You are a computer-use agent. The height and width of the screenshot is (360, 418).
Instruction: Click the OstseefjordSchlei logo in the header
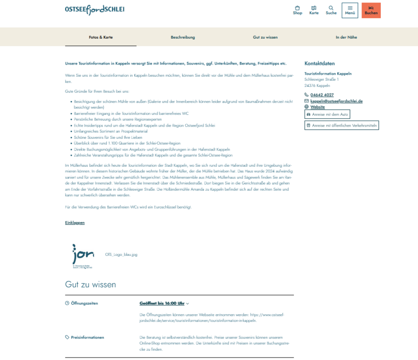tap(95, 9)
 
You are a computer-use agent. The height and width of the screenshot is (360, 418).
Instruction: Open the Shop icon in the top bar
tap(297, 10)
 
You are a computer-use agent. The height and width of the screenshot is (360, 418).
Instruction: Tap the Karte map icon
tap(314, 10)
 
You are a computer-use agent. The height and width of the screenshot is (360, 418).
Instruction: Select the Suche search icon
tap(331, 10)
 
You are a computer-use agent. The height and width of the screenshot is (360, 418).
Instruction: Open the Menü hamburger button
tap(350, 10)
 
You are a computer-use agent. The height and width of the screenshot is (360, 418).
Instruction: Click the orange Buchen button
tap(371, 10)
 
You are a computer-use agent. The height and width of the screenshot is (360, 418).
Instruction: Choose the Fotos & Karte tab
tap(101, 37)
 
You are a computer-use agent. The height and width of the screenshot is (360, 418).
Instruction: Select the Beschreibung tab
tap(183, 37)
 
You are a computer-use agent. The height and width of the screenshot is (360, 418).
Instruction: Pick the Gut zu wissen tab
tap(265, 37)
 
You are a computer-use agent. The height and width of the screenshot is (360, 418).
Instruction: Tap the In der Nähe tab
tap(346, 37)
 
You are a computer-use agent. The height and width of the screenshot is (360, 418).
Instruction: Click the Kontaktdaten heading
tap(319, 64)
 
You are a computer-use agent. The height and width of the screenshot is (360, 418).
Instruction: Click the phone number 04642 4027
tap(322, 95)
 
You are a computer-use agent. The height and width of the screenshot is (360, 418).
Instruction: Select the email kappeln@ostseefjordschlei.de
tap(336, 101)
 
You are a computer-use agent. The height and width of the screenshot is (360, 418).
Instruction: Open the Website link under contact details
tap(317, 107)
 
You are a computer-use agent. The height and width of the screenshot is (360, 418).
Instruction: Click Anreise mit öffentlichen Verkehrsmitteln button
tap(342, 125)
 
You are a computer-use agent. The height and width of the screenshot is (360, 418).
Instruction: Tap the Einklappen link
tap(75, 223)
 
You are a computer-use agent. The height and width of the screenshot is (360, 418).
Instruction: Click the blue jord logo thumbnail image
tap(83, 254)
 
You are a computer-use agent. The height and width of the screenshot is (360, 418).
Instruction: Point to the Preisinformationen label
tap(87, 337)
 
